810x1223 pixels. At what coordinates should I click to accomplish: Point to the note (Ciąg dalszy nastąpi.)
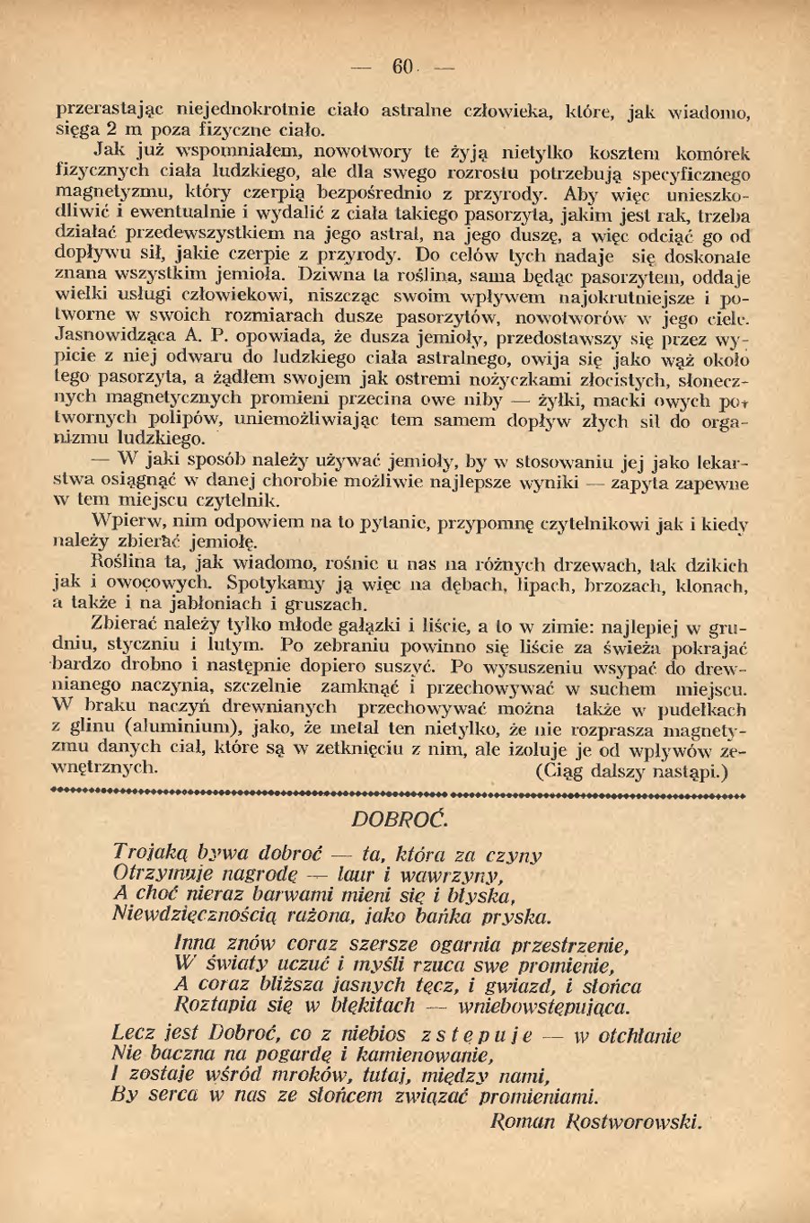click(x=630, y=771)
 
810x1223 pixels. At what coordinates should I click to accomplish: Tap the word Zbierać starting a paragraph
click(x=125, y=626)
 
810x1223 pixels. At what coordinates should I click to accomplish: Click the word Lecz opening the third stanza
click(x=134, y=1034)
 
